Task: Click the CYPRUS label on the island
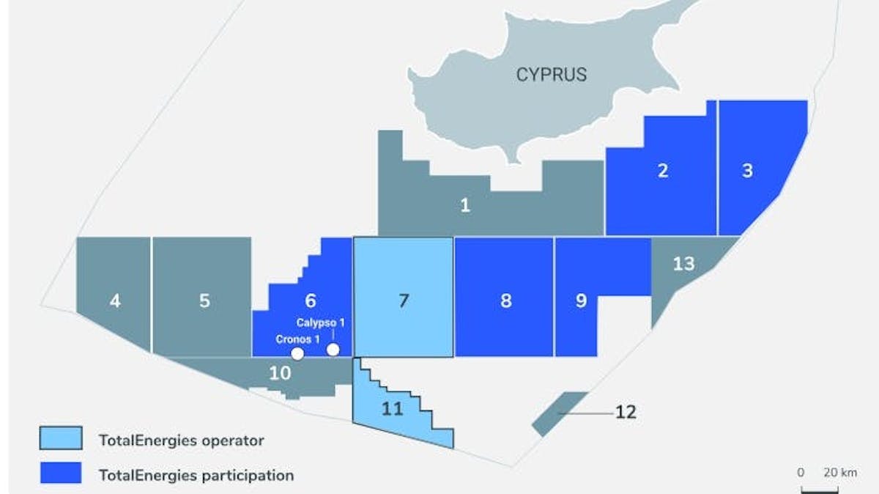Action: tap(552, 74)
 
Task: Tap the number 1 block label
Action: tap(465, 205)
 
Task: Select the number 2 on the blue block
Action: tap(663, 171)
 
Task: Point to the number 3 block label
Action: tap(747, 171)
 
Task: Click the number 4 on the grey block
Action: tap(115, 301)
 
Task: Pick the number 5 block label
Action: tap(204, 301)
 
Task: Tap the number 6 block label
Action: tap(310, 301)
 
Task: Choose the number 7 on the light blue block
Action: tap(403, 301)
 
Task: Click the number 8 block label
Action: tap(505, 301)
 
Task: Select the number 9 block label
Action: tap(581, 301)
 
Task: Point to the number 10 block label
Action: tap(280, 372)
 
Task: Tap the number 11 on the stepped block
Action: tap(393, 409)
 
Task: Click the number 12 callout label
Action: tap(626, 412)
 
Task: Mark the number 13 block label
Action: tap(683, 262)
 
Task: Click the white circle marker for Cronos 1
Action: tap(297, 353)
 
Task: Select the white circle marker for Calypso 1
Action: tap(333, 349)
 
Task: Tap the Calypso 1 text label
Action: tap(320, 322)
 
